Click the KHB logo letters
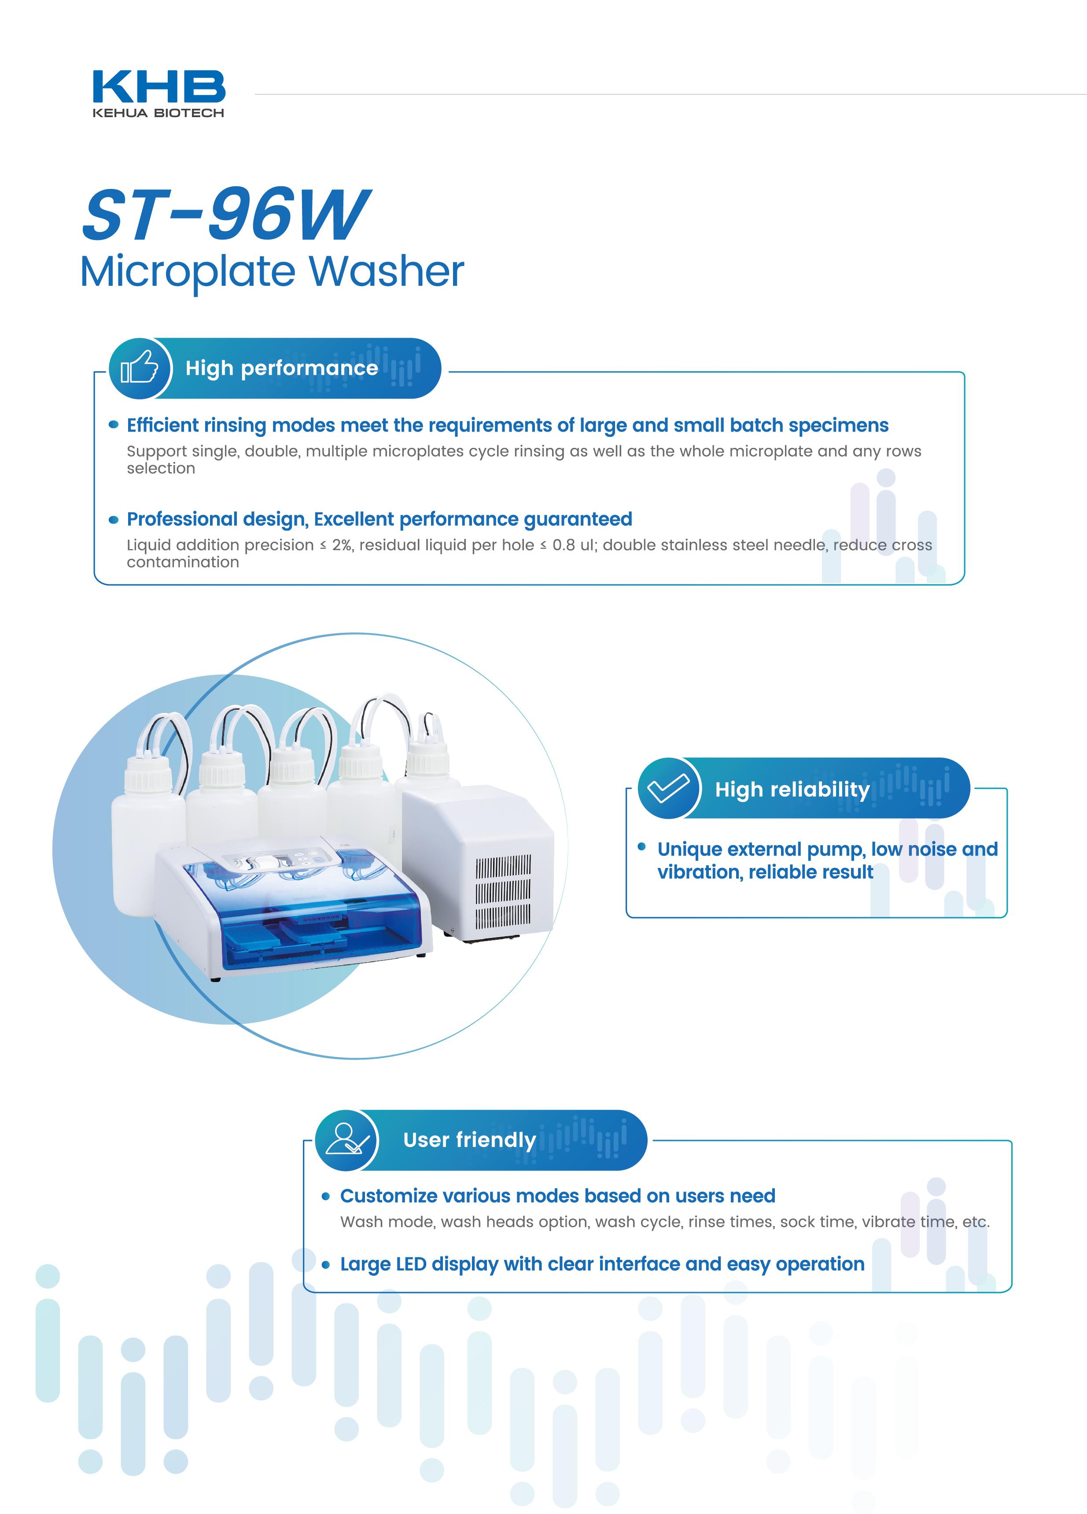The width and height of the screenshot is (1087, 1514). pyautogui.click(x=159, y=86)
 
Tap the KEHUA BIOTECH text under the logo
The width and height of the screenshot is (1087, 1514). pyautogui.click(x=158, y=113)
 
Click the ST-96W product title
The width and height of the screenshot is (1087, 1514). pyautogui.click(x=225, y=214)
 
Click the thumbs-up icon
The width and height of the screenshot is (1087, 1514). pyautogui.click(x=139, y=368)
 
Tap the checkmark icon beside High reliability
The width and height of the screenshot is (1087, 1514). pyautogui.click(x=669, y=788)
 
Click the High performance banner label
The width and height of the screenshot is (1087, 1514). pyautogui.click(x=282, y=368)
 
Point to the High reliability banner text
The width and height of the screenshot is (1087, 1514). pyautogui.click(x=793, y=790)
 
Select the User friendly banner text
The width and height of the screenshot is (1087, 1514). pyautogui.click(x=470, y=1140)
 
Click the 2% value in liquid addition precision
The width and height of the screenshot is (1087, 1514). pyautogui.click(x=343, y=545)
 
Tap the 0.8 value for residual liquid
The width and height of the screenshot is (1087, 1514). pyautogui.click(x=564, y=545)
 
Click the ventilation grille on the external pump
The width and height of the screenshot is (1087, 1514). pyautogui.click(x=503, y=893)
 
